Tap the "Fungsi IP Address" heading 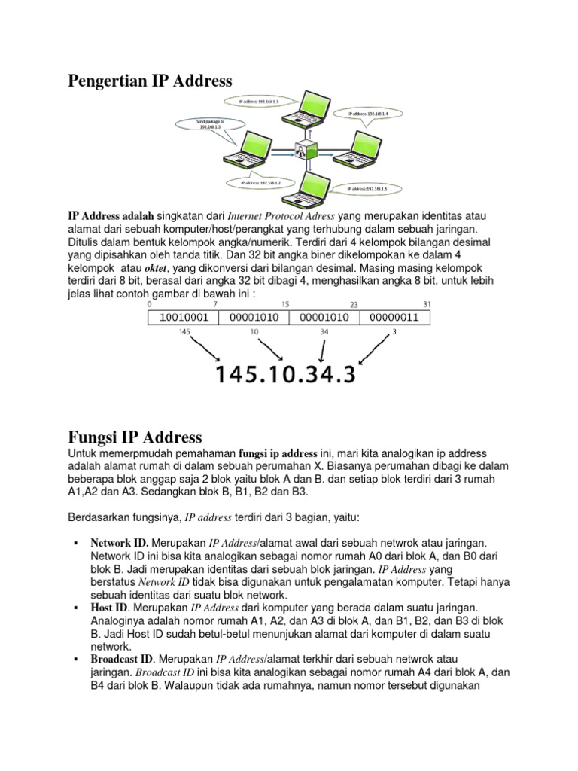pos(135,437)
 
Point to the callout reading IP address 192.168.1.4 pos(373,114)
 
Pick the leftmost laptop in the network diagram pos(245,148)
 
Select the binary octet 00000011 pos(397,318)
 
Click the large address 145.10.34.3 pos(286,374)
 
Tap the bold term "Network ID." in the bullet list pos(119,542)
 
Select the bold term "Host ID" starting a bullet pos(109,607)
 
